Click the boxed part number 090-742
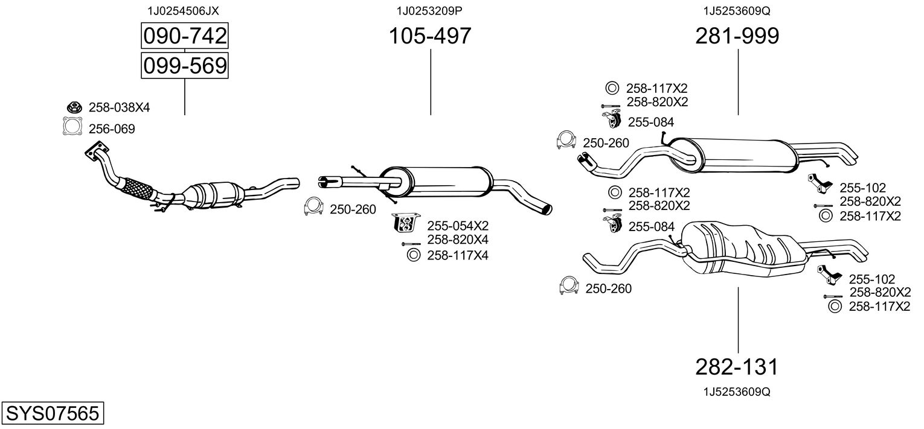click(185, 36)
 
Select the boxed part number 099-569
click(185, 66)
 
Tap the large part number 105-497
click(430, 36)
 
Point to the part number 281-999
click(737, 36)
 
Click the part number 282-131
click(737, 367)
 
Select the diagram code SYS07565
click(53, 413)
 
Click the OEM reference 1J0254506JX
click(183, 11)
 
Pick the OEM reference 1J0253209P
click(429, 11)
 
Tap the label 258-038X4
click(119, 107)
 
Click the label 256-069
click(112, 129)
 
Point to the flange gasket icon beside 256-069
click(72, 126)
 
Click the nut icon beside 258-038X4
click(74, 107)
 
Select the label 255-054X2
click(458, 226)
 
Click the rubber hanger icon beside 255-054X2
click(405, 223)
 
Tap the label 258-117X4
click(458, 255)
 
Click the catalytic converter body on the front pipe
click(213, 195)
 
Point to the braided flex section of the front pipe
click(135, 190)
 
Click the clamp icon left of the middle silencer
click(313, 206)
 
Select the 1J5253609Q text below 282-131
click(737, 392)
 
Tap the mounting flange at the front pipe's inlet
click(97, 151)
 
